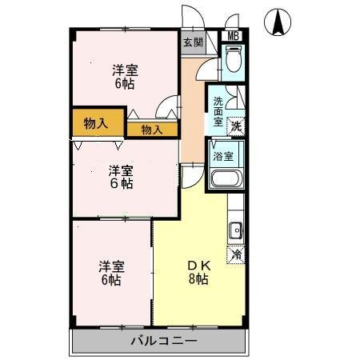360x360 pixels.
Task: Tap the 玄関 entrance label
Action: tap(193, 42)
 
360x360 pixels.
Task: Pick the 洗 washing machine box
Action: tap(237, 125)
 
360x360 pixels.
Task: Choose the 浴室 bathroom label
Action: tap(223, 156)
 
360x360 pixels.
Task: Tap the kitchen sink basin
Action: tap(236, 232)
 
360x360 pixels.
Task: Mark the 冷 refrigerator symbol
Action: tap(237, 254)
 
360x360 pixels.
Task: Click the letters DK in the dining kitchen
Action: tap(198, 265)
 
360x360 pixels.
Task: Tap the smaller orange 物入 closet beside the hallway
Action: tap(152, 129)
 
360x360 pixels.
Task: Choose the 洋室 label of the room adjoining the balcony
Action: tap(111, 266)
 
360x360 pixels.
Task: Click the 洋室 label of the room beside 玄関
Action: tap(123, 69)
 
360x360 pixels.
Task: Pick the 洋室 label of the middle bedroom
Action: tap(121, 169)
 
